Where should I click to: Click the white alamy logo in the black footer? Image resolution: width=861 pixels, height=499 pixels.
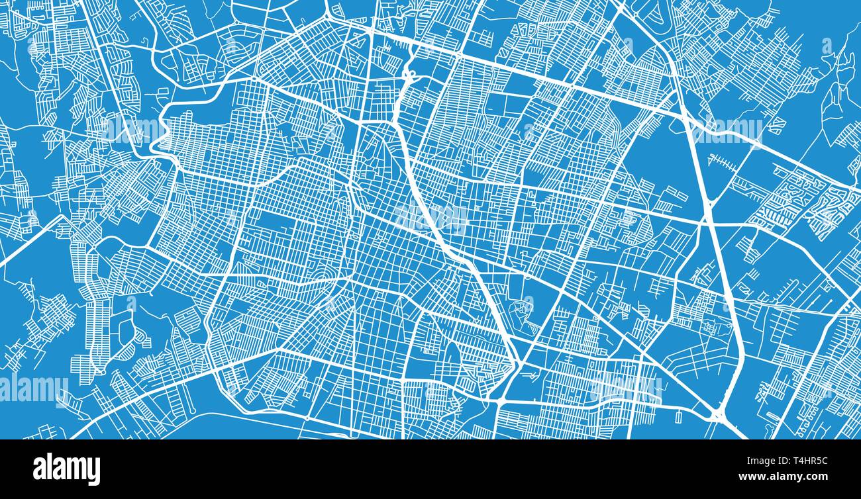(x=66, y=469)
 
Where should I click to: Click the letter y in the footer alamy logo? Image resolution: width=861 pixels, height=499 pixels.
(x=95, y=471)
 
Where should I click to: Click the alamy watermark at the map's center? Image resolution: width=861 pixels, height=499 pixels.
(x=431, y=218)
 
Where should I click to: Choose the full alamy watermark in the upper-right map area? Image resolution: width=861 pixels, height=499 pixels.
(x=729, y=130)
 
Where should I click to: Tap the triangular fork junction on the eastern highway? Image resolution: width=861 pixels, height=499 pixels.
(x=709, y=199)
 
